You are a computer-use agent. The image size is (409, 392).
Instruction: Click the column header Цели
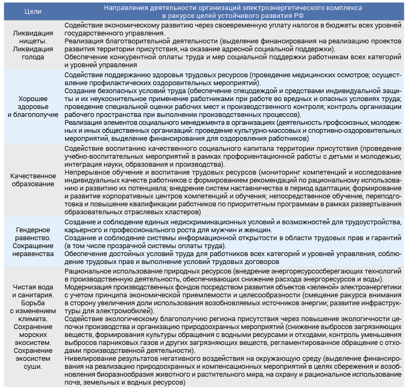[x=33, y=11]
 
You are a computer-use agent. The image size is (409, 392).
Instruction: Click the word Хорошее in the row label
[x=33, y=98]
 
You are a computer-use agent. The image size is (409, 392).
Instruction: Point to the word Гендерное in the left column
[x=33, y=230]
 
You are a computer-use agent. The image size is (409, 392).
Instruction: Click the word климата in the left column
[x=33, y=319]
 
